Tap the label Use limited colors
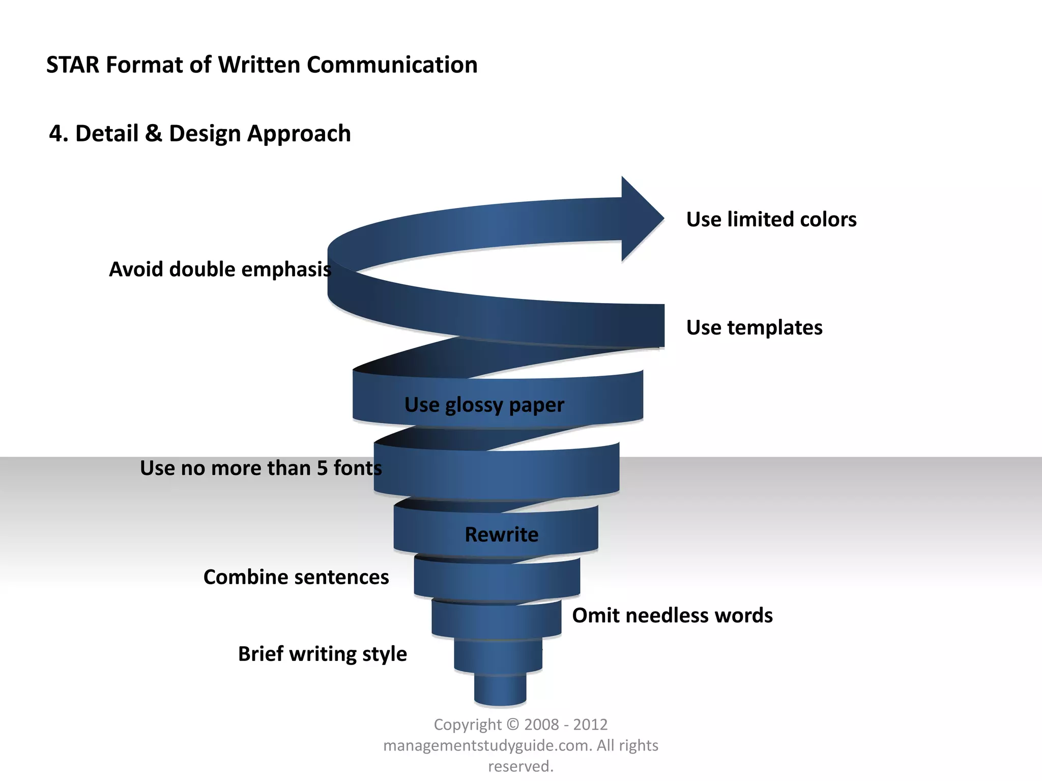click(771, 220)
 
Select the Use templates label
click(754, 328)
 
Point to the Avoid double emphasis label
click(220, 269)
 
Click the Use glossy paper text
click(484, 405)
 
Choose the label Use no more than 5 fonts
click(260, 468)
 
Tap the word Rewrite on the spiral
click(501, 535)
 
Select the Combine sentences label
click(296, 577)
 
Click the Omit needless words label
click(672, 616)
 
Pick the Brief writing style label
click(323, 654)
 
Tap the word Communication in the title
click(392, 65)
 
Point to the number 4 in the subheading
click(55, 134)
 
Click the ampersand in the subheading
click(154, 134)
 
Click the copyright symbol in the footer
click(513, 725)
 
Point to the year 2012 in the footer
click(590, 725)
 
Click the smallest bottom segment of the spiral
click(500, 690)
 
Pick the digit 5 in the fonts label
click(323, 468)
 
